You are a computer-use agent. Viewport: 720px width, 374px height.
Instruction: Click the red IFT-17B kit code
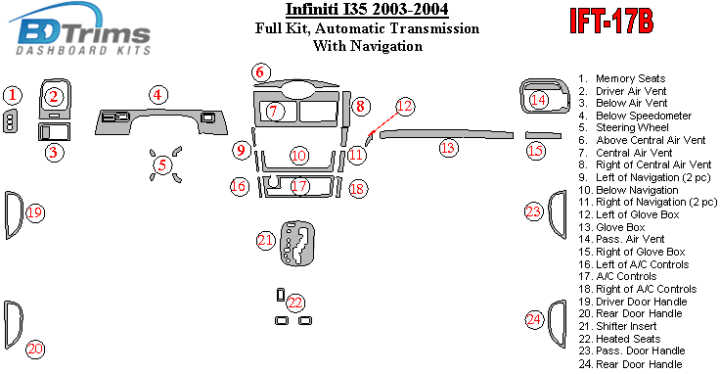click(611, 22)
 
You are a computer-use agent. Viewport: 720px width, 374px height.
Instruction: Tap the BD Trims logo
click(81, 29)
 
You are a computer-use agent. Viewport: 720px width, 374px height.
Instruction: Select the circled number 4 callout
click(157, 95)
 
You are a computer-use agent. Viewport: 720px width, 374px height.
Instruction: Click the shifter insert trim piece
click(297, 243)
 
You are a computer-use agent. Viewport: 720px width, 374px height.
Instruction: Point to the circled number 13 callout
click(448, 148)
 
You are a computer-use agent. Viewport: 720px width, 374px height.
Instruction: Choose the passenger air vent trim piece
click(542, 96)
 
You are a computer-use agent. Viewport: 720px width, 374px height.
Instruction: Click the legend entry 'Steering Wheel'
click(632, 127)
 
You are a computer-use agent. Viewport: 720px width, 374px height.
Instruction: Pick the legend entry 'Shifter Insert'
click(626, 326)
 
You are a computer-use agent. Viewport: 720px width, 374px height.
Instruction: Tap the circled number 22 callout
click(295, 303)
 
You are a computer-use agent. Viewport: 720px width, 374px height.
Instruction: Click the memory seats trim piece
click(11, 121)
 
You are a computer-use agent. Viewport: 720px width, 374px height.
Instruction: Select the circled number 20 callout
click(35, 350)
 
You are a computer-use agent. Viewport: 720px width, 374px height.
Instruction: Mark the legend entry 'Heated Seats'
click(628, 339)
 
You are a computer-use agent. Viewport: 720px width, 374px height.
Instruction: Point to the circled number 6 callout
click(261, 72)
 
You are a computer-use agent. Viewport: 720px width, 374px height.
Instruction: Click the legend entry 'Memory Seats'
click(630, 78)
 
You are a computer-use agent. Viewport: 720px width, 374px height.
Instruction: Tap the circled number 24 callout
click(534, 319)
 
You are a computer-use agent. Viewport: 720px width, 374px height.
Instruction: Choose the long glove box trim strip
click(446, 134)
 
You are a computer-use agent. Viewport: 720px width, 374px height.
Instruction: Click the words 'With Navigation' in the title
click(368, 46)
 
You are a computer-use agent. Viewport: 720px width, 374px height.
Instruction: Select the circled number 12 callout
click(405, 107)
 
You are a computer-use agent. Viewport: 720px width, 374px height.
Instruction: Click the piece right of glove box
click(543, 135)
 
